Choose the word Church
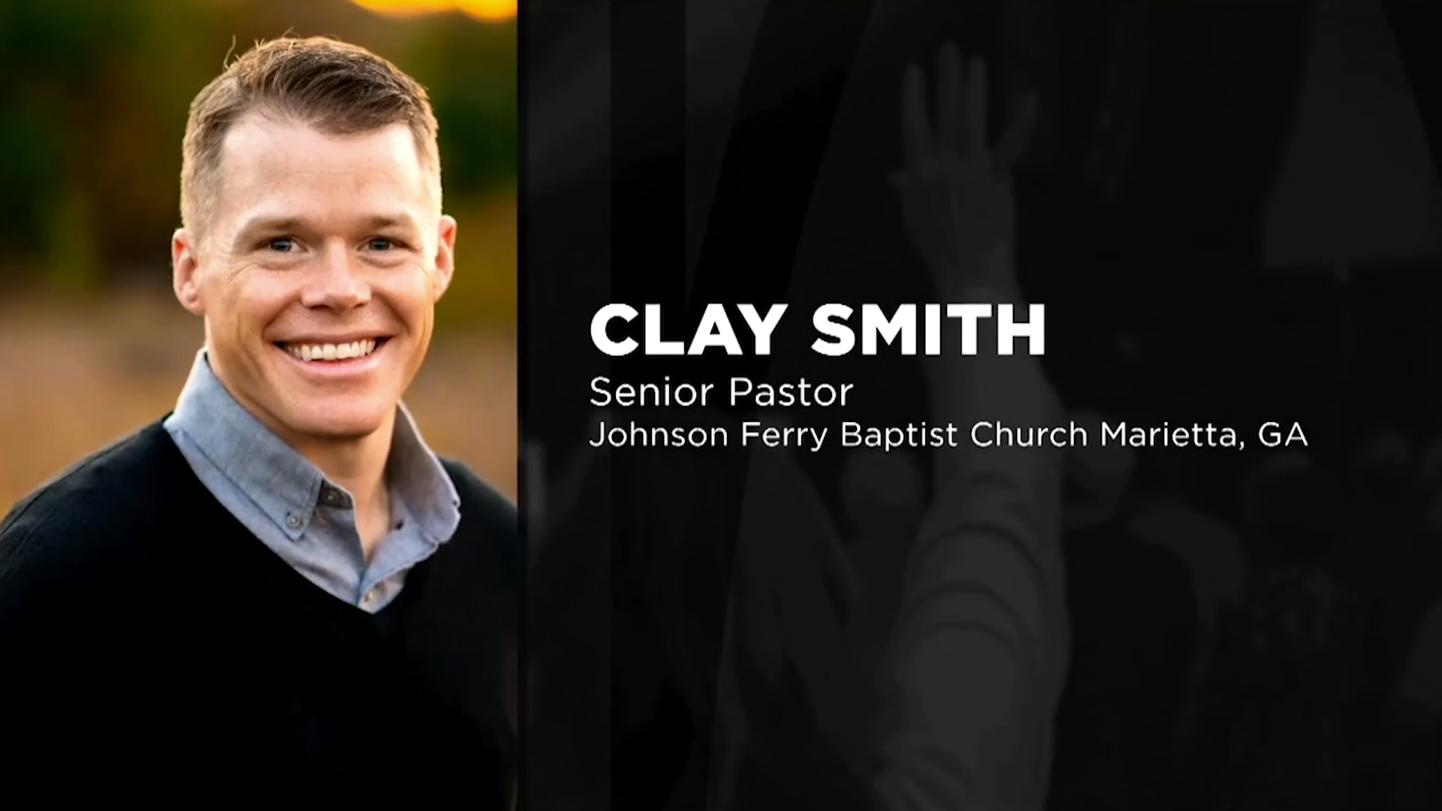pyautogui.click(x=1028, y=435)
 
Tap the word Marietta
pyautogui.click(x=1167, y=435)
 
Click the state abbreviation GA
pyautogui.click(x=1282, y=435)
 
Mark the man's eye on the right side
pyautogui.click(x=379, y=244)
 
